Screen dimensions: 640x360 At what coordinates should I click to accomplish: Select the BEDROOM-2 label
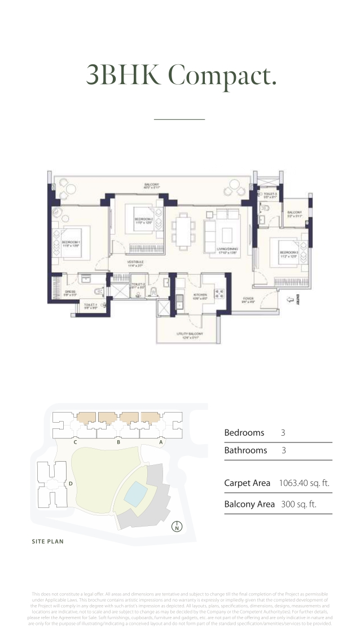(144, 220)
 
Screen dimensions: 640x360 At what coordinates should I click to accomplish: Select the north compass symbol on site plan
(177, 528)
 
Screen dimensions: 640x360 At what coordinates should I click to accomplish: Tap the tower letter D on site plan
(71, 484)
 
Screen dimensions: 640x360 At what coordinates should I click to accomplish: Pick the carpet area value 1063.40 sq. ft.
(304, 483)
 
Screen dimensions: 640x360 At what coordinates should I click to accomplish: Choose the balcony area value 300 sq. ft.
(298, 504)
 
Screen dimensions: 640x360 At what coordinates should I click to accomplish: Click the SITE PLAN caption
(47, 542)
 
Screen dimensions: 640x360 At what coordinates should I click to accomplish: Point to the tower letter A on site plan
(161, 442)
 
